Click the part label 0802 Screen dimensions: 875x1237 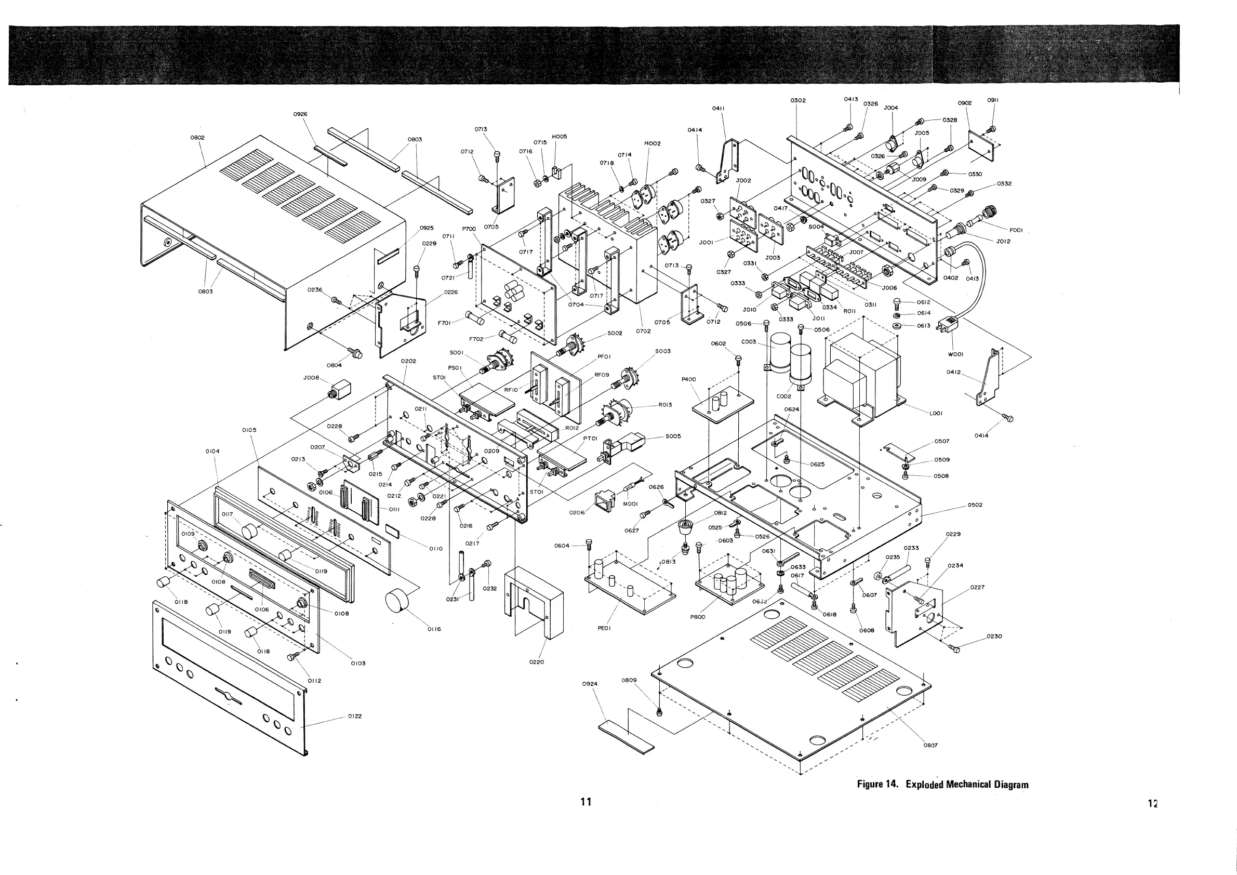click(x=198, y=137)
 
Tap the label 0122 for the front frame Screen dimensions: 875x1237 click(x=354, y=716)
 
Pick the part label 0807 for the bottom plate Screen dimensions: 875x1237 click(x=930, y=746)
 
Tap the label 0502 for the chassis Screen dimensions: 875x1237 click(x=975, y=505)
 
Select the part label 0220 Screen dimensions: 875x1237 click(x=537, y=662)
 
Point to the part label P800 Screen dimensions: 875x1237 click(x=698, y=617)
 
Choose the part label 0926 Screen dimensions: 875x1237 click(x=301, y=114)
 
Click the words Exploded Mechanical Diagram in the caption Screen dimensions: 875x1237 click(x=966, y=785)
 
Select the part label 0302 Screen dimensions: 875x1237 click(x=798, y=100)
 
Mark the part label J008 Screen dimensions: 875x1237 click(x=312, y=378)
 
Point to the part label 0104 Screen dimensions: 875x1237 click(x=213, y=451)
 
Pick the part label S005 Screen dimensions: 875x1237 click(x=673, y=436)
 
